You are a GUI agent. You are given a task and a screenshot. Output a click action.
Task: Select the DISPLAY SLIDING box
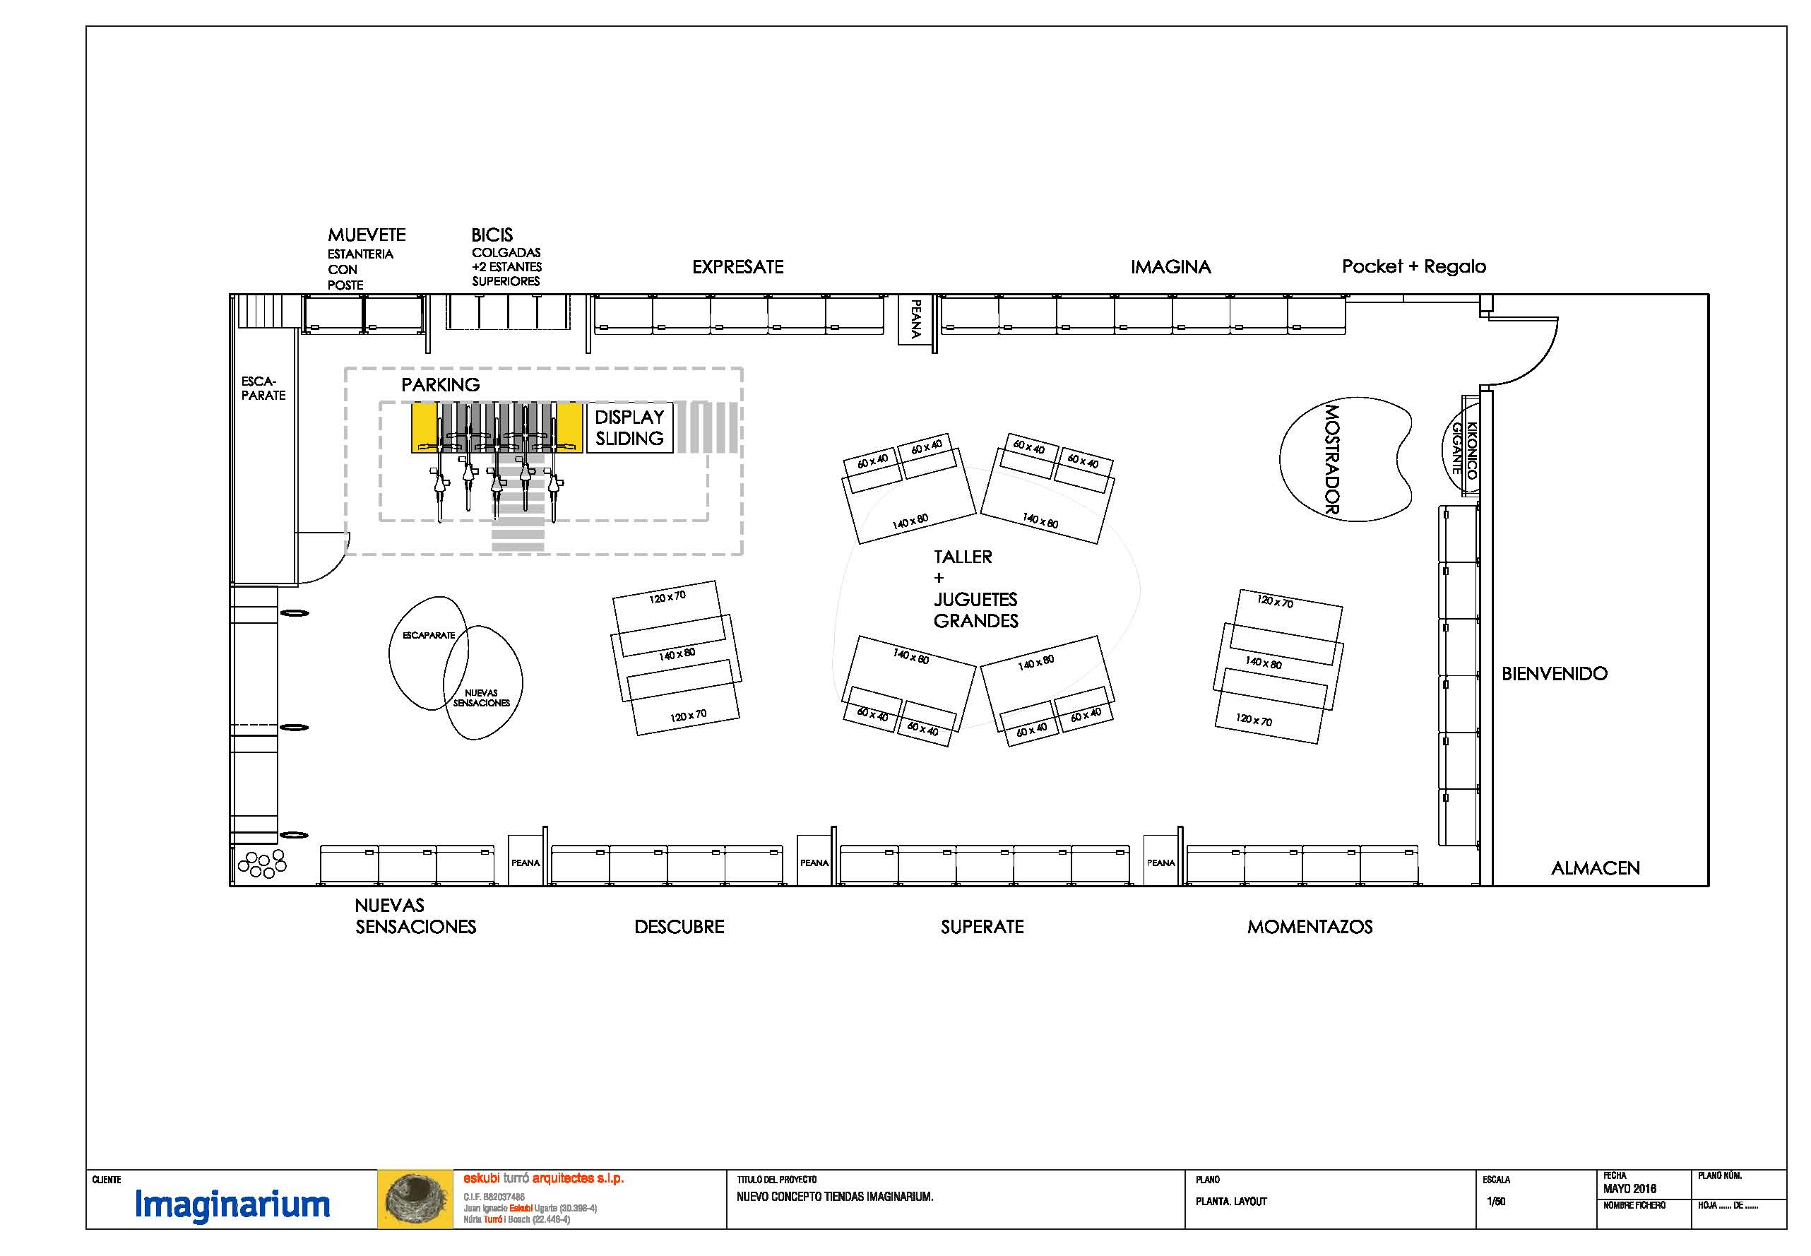[x=629, y=427]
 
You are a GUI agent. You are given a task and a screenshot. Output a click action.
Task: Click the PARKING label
[x=441, y=385]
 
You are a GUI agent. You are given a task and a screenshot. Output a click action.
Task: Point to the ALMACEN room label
[x=1596, y=868]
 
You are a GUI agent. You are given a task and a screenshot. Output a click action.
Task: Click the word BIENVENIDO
[x=1555, y=674]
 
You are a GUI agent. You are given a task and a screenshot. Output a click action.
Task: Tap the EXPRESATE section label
[x=738, y=267]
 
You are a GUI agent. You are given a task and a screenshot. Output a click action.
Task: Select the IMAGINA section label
[x=1170, y=267]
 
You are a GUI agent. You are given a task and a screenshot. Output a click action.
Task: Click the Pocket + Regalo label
[x=1414, y=266]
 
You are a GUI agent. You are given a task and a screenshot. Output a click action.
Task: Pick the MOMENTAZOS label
[x=1310, y=927]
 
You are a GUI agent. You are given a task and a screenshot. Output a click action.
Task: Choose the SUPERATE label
[x=982, y=927]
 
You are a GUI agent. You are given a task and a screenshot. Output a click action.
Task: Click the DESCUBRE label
[x=679, y=927]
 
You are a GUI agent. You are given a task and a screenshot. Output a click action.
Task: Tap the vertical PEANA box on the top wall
[x=915, y=319]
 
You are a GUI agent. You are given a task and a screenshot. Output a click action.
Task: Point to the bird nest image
[x=415, y=1199]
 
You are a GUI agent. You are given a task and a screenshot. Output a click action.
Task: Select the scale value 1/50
[x=1495, y=1202]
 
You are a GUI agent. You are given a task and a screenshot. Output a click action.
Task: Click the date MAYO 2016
[x=1629, y=1189]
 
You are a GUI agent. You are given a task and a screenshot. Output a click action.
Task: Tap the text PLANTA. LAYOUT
[x=1231, y=1202]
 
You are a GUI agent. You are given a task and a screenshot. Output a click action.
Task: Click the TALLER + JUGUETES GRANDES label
[x=975, y=588]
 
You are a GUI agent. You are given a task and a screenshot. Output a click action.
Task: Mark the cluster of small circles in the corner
[x=262, y=863]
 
